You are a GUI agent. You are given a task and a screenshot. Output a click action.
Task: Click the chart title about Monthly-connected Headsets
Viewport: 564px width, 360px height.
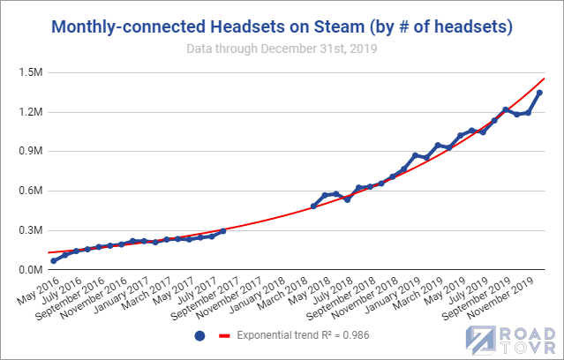click(x=282, y=27)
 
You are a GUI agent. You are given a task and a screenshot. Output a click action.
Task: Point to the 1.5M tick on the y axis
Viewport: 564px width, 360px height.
click(x=28, y=71)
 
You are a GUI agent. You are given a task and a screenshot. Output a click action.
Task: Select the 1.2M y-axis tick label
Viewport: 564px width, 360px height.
click(x=28, y=111)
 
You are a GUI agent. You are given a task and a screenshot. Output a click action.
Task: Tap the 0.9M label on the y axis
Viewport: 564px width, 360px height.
click(x=28, y=151)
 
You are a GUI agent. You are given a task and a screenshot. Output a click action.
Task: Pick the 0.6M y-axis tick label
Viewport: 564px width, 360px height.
click(x=28, y=191)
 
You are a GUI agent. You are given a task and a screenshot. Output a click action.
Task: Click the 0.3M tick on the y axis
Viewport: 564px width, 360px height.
click(x=28, y=230)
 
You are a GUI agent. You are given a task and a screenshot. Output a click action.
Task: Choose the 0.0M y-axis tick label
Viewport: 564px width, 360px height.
click(x=28, y=270)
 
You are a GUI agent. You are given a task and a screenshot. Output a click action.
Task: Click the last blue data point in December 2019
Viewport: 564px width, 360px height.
click(x=539, y=93)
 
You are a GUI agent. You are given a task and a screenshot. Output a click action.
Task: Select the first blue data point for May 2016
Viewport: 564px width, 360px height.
click(x=54, y=260)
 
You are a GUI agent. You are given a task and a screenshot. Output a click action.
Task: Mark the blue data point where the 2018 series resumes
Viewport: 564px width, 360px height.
click(x=313, y=206)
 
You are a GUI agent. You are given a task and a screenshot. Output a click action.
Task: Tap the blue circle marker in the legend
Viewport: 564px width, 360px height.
click(x=199, y=336)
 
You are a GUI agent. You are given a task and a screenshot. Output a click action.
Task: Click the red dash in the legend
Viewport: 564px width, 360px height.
click(x=224, y=336)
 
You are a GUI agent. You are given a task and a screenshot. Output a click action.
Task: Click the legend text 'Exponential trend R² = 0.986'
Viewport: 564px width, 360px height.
click(x=302, y=336)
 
